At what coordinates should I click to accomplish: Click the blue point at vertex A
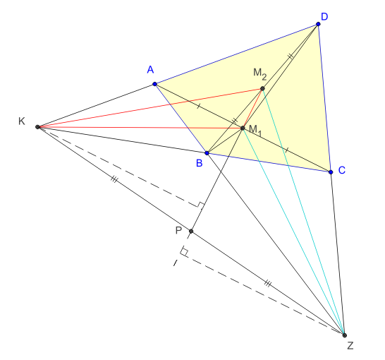(x=154, y=84)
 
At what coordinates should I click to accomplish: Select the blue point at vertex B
(x=207, y=153)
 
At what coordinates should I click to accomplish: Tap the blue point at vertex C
(x=331, y=172)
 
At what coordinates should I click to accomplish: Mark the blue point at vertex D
(x=318, y=24)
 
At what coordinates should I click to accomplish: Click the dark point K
(x=37, y=127)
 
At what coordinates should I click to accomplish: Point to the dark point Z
(x=345, y=335)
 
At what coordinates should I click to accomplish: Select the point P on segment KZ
(x=191, y=231)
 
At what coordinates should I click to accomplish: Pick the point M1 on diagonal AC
(x=243, y=128)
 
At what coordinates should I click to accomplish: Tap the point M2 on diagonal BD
(x=262, y=88)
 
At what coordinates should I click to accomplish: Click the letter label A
(x=150, y=70)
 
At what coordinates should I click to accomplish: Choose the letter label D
(x=324, y=17)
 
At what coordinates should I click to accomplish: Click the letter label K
(x=22, y=121)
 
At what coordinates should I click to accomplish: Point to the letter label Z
(x=350, y=346)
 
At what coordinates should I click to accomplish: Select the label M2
(x=259, y=74)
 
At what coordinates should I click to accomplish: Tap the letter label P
(x=178, y=231)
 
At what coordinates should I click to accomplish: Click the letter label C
(x=342, y=170)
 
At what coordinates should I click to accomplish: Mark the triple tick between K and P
(x=114, y=179)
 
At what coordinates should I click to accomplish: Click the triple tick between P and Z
(x=268, y=284)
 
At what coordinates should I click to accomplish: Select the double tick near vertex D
(x=291, y=56)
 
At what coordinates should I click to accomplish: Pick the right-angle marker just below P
(x=184, y=251)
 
